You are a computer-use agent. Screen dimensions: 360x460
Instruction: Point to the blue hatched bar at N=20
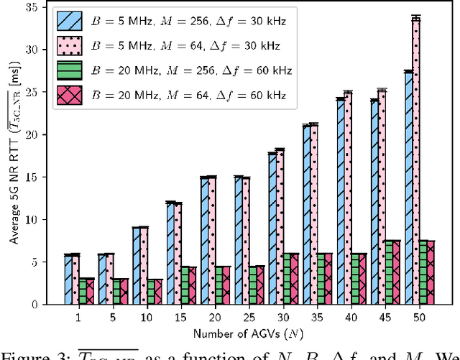204,241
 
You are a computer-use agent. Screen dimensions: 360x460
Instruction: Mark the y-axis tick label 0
34,305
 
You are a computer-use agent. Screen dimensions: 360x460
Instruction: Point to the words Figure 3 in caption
26,353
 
